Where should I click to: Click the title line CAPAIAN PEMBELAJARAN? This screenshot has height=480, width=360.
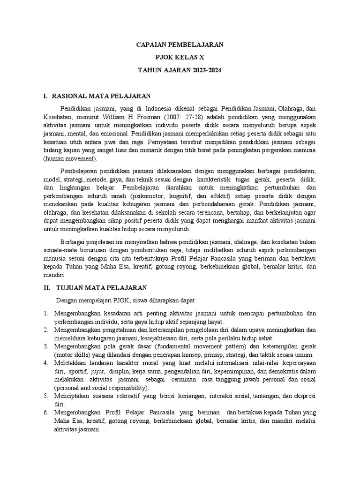(180, 45)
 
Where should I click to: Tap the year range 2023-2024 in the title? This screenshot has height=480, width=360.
(204, 70)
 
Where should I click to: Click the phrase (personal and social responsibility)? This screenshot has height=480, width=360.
(101, 388)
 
